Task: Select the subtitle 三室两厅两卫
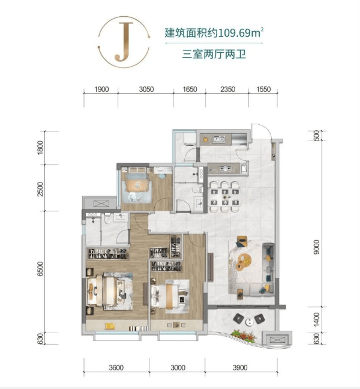pyautogui.click(x=214, y=54)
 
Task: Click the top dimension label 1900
pyautogui.click(x=101, y=89)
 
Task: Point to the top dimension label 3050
pyautogui.click(x=146, y=89)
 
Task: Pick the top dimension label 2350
pyautogui.click(x=227, y=89)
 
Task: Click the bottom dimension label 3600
pyautogui.click(x=116, y=367)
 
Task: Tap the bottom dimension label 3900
pyautogui.click(x=240, y=367)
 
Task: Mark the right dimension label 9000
pyautogui.click(x=317, y=247)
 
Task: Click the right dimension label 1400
pyautogui.click(x=317, y=319)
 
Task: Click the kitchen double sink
pyautogui.click(x=218, y=139)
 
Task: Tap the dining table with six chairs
pyautogui.click(x=224, y=197)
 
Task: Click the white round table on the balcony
pyautogui.click(x=249, y=322)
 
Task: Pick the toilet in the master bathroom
pyautogui.click(x=107, y=219)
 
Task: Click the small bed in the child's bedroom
pyautogui.click(x=137, y=186)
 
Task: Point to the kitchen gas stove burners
pyautogui.click(x=226, y=169)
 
